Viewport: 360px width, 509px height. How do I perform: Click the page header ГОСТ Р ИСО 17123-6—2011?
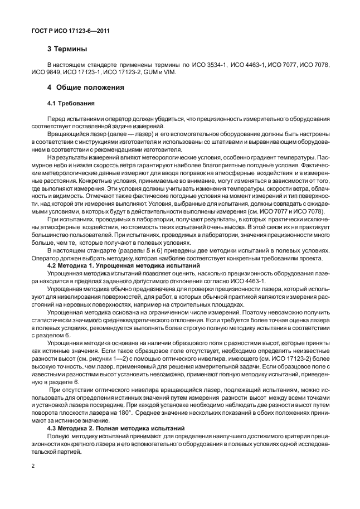pyautogui.click(x=70, y=31)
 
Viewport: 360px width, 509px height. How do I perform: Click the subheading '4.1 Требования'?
pyautogui.click(x=71, y=104)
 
